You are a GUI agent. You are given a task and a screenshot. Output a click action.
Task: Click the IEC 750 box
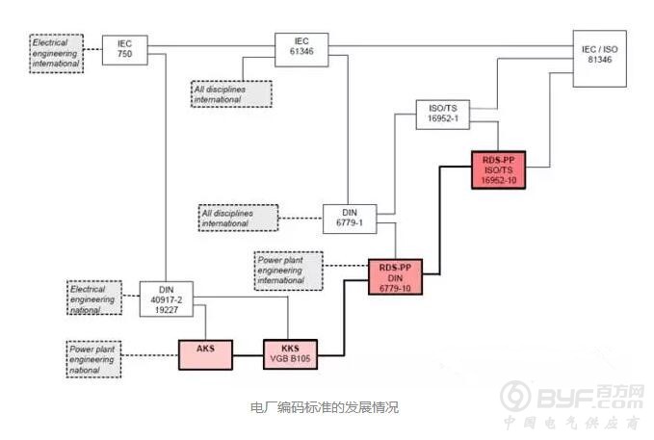click(x=124, y=50)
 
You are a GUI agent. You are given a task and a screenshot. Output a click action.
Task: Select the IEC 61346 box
click(x=301, y=50)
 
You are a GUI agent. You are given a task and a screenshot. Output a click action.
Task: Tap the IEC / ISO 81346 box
click(x=600, y=59)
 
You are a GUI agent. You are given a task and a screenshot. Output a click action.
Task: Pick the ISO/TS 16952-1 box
click(x=443, y=115)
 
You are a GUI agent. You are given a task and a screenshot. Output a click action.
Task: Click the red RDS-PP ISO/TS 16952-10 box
click(x=498, y=170)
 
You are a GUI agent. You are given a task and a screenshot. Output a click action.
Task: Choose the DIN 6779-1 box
click(x=350, y=219)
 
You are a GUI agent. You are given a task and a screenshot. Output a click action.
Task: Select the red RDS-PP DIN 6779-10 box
click(x=396, y=277)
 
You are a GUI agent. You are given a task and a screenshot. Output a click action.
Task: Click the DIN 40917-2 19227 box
click(x=167, y=299)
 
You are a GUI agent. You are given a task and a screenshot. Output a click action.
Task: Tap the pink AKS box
click(x=205, y=354)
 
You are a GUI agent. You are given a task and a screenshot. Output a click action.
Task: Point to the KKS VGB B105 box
click(x=290, y=354)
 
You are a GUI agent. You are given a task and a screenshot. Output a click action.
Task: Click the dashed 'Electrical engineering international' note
click(x=56, y=53)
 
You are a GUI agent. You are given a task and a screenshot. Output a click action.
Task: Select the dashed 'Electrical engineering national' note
click(x=94, y=298)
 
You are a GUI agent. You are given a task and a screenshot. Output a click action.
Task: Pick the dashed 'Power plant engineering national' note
click(x=93, y=359)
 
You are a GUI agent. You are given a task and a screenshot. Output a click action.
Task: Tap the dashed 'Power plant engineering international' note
click(x=289, y=271)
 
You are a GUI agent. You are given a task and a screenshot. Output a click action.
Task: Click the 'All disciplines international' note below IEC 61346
click(x=231, y=93)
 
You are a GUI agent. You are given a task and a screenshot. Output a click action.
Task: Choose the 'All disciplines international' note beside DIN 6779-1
click(x=239, y=218)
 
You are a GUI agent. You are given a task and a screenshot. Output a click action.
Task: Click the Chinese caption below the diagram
click(x=325, y=406)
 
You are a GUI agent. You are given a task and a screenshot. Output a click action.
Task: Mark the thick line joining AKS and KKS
click(x=249, y=355)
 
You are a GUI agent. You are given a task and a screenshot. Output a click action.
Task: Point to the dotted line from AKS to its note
click(x=150, y=355)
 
